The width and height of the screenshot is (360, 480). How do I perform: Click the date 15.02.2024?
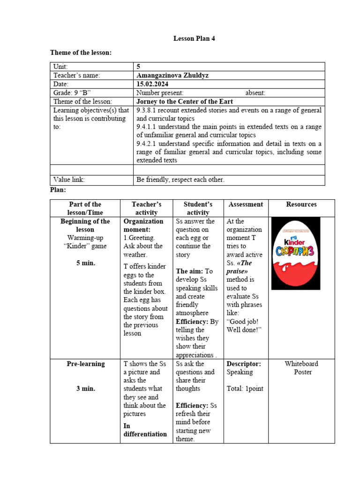coord(153,84)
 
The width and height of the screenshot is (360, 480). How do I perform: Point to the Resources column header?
coord(301,204)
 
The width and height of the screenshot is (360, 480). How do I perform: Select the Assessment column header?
coord(246,204)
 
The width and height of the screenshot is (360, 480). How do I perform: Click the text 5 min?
coord(86,263)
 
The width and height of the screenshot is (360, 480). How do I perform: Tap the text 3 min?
coord(86,389)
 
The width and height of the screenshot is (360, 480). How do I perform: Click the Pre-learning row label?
coord(86,364)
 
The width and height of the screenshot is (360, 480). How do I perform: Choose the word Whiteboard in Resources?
coord(301,364)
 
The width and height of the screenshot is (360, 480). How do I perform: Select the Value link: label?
coord(69,179)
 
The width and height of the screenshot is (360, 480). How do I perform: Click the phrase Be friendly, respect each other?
coord(180,179)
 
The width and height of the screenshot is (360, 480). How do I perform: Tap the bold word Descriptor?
coord(244,364)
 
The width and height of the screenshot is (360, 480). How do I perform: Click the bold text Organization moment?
coord(143,225)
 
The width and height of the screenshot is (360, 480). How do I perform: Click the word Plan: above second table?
coord(58,189)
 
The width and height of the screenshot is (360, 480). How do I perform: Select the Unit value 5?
coord(138,67)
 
